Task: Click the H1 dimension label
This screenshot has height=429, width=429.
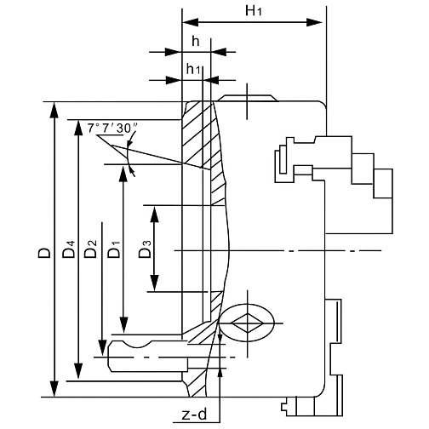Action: click(x=254, y=11)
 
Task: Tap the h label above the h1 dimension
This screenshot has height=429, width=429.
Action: click(x=196, y=42)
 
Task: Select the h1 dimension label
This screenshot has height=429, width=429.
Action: click(x=193, y=69)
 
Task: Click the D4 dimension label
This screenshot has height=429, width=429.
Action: click(x=69, y=249)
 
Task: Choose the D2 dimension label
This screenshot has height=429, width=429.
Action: click(x=90, y=249)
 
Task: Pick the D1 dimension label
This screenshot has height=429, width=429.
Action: click(x=114, y=249)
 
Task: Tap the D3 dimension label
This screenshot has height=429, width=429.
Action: click(x=145, y=249)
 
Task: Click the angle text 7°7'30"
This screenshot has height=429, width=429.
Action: click(x=112, y=129)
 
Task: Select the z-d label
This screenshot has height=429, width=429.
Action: click(x=194, y=415)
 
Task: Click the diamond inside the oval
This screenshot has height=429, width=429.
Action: click(x=247, y=323)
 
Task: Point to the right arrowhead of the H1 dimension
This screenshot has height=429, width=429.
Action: click(x=314, y=22)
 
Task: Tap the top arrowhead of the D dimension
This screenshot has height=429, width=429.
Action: click(x=54, y=110)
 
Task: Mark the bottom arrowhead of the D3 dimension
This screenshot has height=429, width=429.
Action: click(x=154, y=283)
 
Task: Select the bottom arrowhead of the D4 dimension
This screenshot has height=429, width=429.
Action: click(x=78, y=370)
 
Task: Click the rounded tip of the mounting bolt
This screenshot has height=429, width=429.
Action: click(x=110, y=356)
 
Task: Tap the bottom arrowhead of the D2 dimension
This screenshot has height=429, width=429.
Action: click(x=102, y=347)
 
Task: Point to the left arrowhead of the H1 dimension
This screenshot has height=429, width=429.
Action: click(x=190, y=22)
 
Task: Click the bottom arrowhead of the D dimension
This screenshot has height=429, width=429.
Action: click(x=54, y=389)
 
